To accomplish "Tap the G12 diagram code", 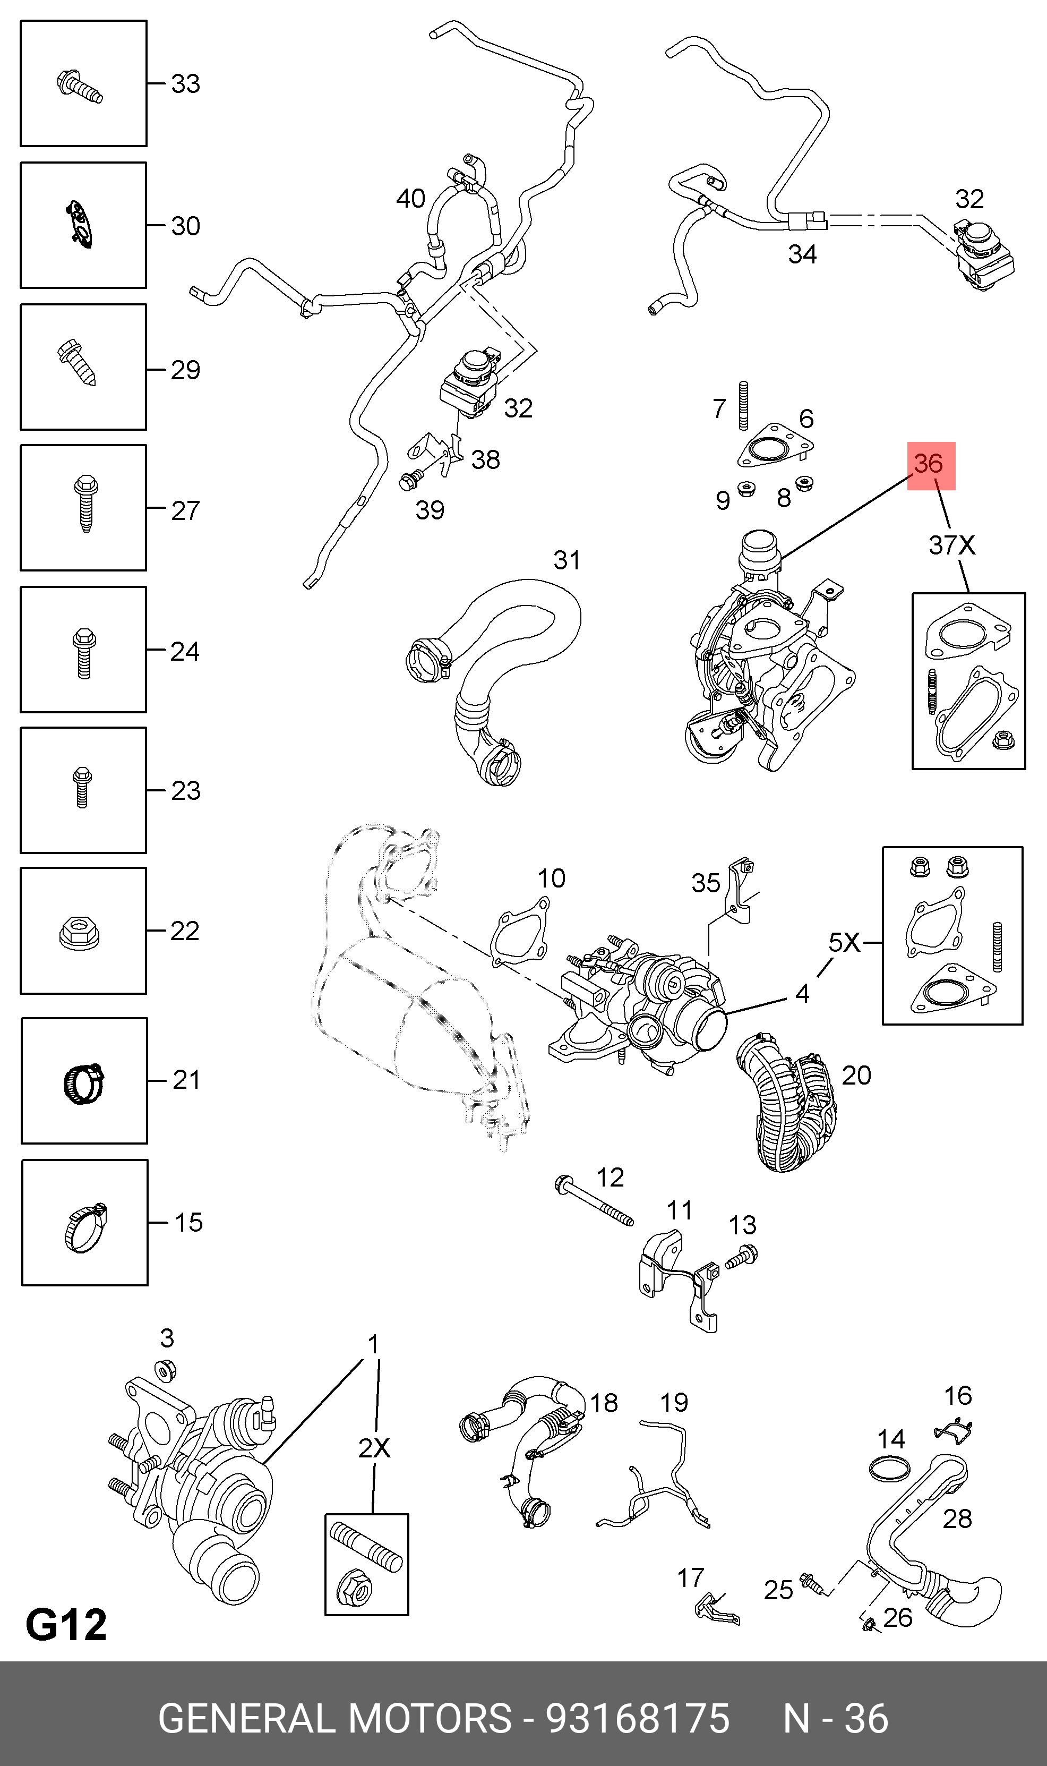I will pyautogui.click(x=66, y=1624).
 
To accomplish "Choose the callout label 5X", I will pyautogui.click(x=844, y=942).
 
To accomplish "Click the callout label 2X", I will pyautogui.click(x=373, y=1448).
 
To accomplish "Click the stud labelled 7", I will pyautogui.click(x=743, y=406).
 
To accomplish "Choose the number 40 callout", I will pyautogui.click(x=410, y=199).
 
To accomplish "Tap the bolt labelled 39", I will pyautogui.click(x=409, y=481).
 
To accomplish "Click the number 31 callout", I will pyautogui.click(x=567, y=560).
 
